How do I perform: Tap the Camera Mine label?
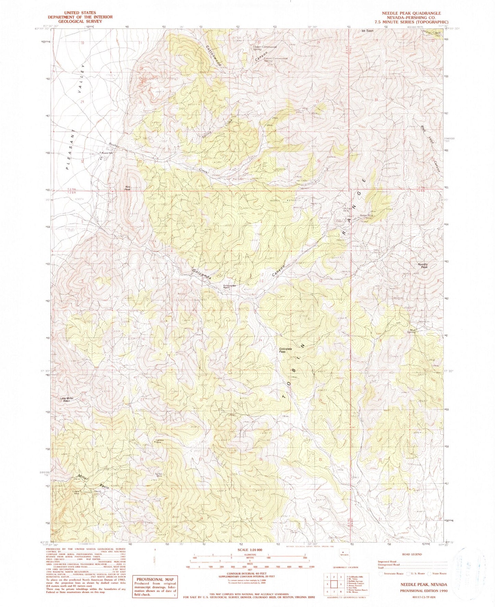[160, 441]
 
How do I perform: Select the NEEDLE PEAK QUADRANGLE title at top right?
[411, 13]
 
